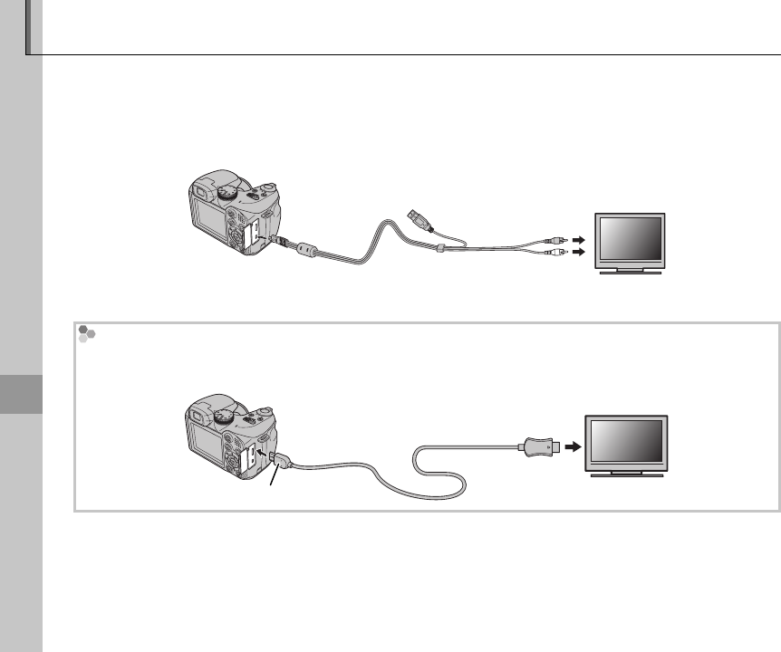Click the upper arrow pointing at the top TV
tap(578, 241)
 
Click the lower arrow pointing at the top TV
tap(578, 254)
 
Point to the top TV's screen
tap(630, 239)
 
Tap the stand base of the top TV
tap(630, 271)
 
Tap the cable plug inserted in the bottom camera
tap(279, 462)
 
